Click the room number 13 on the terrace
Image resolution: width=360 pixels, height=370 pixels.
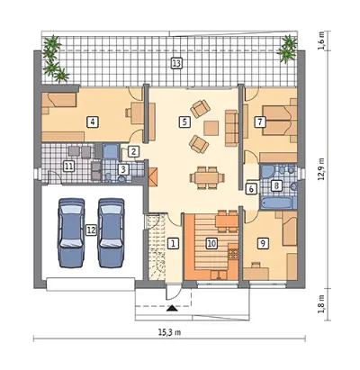click(176, 63)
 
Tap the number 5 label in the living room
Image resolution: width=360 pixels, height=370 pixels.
click(184, 122)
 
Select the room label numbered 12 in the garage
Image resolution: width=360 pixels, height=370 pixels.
click(92, 230)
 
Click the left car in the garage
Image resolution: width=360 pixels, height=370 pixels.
click(71, 232)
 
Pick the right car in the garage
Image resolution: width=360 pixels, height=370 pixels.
click(111, 232)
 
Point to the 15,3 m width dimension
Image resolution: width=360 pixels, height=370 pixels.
click(169, 332)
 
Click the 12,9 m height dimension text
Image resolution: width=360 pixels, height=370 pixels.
click(321, 169)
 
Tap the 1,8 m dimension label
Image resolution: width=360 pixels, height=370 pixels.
click(321, 303)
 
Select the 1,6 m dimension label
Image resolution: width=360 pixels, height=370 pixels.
click(321, 40)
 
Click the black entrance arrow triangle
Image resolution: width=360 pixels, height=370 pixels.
click(172, 309)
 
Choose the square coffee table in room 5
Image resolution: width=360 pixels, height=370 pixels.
click(211, 128)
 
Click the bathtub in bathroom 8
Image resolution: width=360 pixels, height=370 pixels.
click(276, 203)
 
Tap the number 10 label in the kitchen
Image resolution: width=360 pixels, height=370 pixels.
click(211, 243)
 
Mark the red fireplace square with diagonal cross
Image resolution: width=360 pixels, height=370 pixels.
click(152, 176)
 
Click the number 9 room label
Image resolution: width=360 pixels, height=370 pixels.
click(263, 243)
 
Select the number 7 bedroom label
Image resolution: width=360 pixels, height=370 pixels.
click(260, 122)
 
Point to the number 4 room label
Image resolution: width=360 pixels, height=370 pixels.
click(93, 122)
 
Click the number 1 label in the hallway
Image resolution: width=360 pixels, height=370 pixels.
click(173, 243)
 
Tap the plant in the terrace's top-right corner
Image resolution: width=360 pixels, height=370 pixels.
click(287, 48)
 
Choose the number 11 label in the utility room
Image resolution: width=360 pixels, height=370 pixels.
click(69, 166)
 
